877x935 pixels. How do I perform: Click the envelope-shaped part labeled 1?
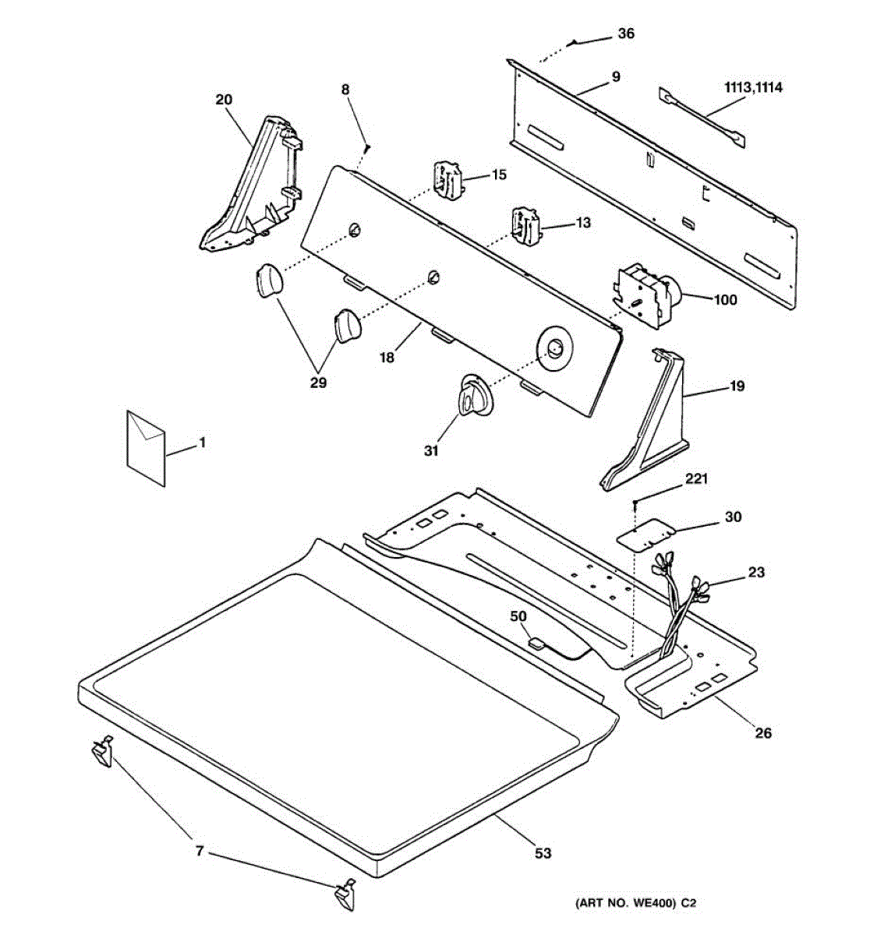146,449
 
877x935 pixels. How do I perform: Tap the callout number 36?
626,34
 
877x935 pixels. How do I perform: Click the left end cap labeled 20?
249,187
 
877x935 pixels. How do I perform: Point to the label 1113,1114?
753,87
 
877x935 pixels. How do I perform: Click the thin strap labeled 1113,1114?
702,117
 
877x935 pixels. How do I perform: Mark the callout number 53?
543,853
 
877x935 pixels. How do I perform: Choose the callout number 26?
764,732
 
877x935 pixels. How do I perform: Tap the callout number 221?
696,479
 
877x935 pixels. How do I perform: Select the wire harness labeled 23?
678,600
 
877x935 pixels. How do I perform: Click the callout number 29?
318,383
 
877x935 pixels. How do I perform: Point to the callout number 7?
200,852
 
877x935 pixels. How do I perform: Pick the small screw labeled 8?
367,146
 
